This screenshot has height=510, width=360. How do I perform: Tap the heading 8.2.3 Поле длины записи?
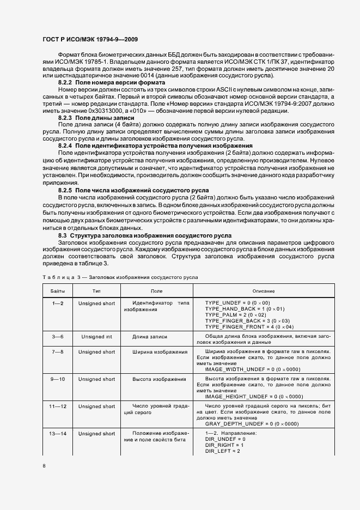point(90,118)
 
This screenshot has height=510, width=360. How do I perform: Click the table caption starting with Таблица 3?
point(120,277)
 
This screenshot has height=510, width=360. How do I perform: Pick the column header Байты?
point(58,292)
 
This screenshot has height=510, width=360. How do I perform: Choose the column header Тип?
point(96,292)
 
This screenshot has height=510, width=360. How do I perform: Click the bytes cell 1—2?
point(58,303)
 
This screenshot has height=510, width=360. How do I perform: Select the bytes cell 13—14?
point(58,418)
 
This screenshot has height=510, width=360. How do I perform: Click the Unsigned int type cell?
point(96,337)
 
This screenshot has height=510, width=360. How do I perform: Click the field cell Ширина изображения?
point(160,352)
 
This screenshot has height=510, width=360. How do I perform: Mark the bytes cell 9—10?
point(58,379)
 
